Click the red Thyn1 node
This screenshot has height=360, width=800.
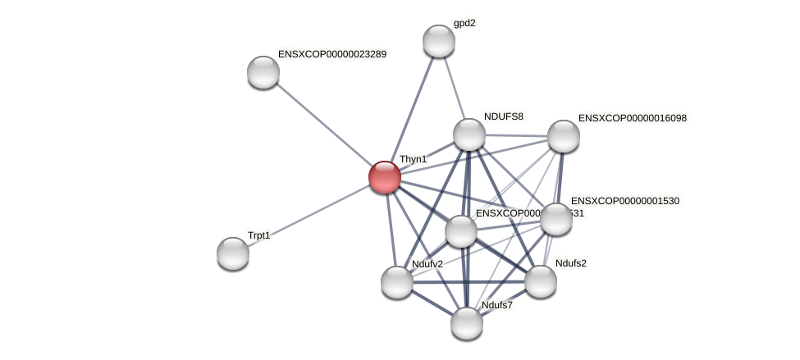point(384,177)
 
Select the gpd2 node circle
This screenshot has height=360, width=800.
point(439,41)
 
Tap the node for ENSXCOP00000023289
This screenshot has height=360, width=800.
point(263,72)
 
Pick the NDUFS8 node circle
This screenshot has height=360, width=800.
point(469,134)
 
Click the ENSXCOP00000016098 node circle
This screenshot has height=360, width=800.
point(564,136)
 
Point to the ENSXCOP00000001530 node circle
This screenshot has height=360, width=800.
point(556,219)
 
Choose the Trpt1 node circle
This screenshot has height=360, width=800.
point(233,253)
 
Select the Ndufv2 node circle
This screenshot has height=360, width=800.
point(397,282)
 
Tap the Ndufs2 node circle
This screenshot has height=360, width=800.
point(541,281)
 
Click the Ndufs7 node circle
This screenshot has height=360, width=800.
point(467,323)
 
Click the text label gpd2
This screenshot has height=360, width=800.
point(464,24)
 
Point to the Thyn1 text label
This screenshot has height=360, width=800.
point(413,159)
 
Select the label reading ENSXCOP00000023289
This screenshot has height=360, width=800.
point(331,55)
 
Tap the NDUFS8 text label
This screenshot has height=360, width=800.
point(503,116)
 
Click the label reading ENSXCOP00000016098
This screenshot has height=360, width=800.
point(632,118)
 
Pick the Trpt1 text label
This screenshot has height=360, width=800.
point(258,235)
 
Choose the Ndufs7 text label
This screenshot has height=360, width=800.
point(496,306)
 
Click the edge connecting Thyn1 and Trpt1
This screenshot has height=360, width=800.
point(309,215)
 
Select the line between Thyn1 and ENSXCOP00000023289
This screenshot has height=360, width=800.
point(323,125)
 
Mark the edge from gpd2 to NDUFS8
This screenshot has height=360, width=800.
point(454,87)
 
